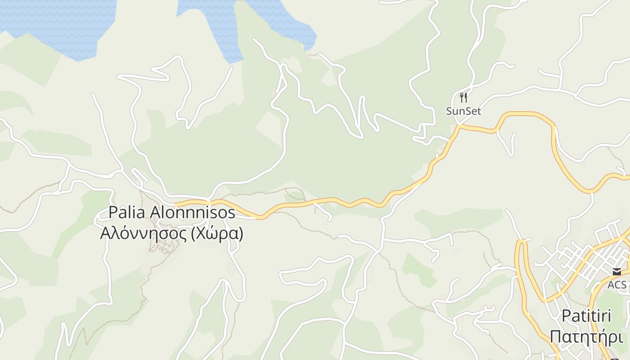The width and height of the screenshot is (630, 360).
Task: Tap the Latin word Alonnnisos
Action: click(192, 212)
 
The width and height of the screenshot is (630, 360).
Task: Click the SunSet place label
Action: click(463, 111)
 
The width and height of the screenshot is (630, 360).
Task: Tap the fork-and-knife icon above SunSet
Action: click(463, 97)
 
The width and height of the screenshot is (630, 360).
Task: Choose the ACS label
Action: click(616, 285)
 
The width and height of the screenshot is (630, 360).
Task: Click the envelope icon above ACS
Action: click(616, 271)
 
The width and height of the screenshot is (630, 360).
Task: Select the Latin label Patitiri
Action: click(586, 316)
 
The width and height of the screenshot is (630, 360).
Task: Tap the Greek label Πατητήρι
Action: click(586, 337)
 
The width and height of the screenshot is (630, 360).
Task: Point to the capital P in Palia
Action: click(113, 212)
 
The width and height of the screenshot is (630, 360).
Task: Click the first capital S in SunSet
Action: click(449, 111)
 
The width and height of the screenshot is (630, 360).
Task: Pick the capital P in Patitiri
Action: click(566, 316)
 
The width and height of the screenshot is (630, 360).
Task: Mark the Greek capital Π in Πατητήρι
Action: click(555, 337)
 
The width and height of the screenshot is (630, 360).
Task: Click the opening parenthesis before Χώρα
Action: click(193, 234)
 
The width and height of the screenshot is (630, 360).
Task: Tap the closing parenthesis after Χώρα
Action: click(241, 234)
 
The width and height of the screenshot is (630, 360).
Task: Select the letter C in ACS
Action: click(617, 285)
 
